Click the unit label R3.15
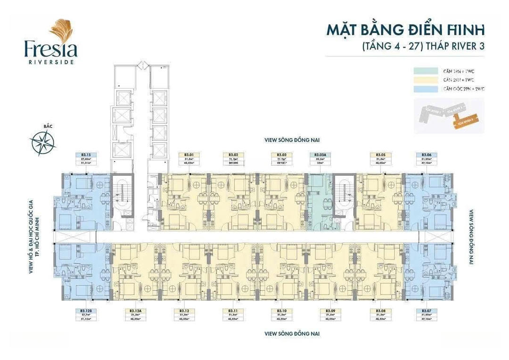coord(86,155)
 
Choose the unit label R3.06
coord(427,155)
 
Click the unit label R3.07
coord(427,311)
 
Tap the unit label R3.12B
coord(86,311)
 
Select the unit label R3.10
coord(282,311)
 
